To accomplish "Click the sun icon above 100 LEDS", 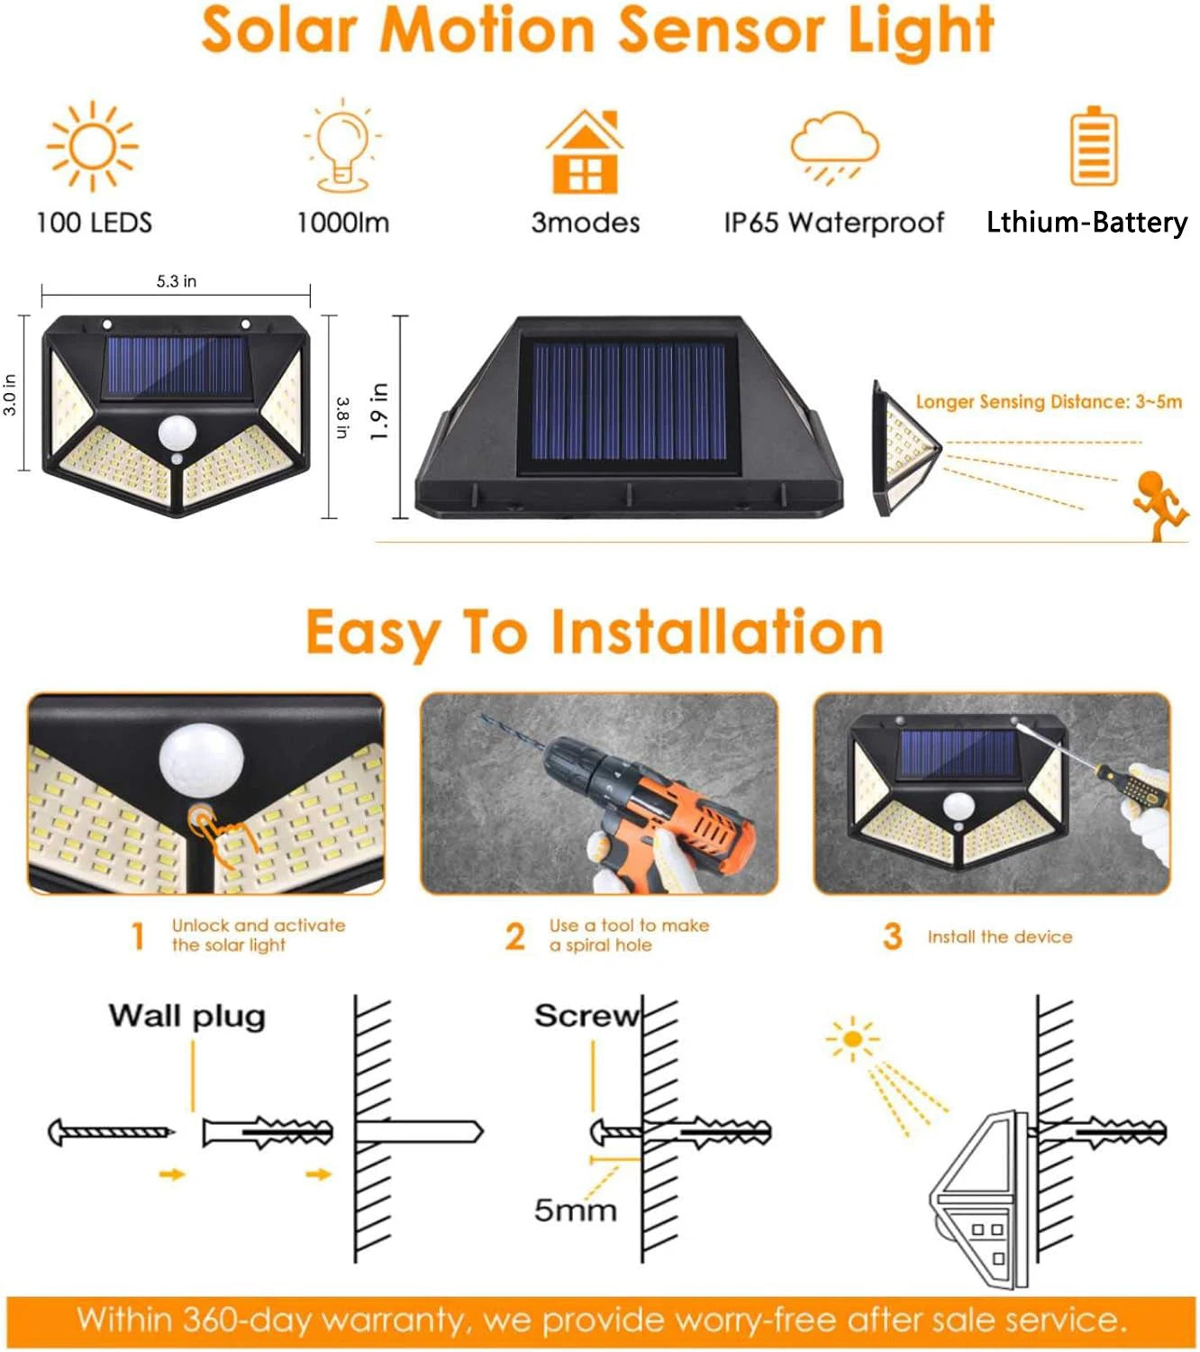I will [x=92, y=146].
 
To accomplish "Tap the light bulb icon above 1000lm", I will [x=342, y=146].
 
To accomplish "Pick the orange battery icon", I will [x=1093, y=146].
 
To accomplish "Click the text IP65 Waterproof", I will [x=834, y=223].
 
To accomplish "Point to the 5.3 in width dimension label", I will [x=177, y=281].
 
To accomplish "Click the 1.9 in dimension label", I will [x=379, y=412].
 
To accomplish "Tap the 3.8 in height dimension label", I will [x=342, y=417].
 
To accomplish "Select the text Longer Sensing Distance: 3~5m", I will [x=1049, y=402].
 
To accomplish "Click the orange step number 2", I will [x=514, y=936].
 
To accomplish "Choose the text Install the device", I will [x=1000, y=937].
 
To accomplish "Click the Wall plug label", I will [x=187, y=1016].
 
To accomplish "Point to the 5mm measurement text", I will [x=575, y=1210].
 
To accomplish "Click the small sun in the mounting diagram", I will [x=851, y=1039].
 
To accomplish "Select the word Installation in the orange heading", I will [x=717, y=633].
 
